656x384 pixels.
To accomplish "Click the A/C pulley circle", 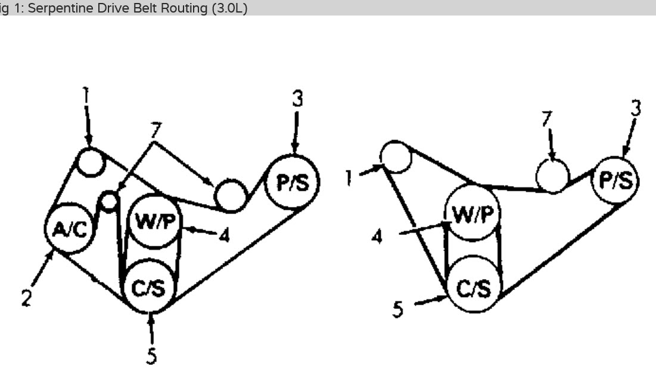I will pyautogui.click(x=70, y=230).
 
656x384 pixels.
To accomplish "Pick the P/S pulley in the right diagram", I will pyautogui.click(x=615, y=180).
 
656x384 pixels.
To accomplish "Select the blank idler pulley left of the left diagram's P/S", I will pyautogui.click(x=230, y=194).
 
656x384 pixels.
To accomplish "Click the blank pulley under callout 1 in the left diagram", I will pyautogui.click(x=91, y=162).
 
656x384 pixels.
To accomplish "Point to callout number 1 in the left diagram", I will pyautogui.click(x=85, y=95).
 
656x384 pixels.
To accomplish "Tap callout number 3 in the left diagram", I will pyautogui.click(x=297, y=99).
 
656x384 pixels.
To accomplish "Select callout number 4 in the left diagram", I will pyautogui.click(x=224, y=235).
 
